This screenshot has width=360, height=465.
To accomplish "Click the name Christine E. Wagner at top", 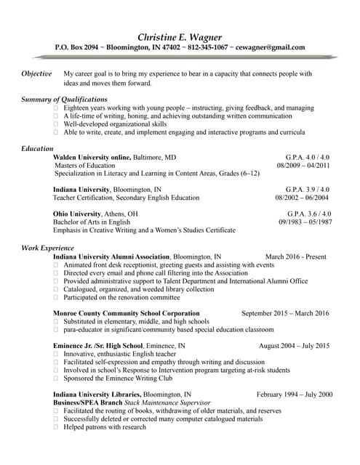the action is (180, 37).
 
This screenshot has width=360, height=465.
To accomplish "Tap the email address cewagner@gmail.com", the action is (271, 48).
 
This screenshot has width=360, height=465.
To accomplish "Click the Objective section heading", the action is (36, 74).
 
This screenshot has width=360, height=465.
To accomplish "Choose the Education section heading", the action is (37, 148).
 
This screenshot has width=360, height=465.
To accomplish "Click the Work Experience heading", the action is (48, 248).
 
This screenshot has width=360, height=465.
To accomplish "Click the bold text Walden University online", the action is (92, 157).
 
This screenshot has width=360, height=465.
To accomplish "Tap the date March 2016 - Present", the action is (296, 257).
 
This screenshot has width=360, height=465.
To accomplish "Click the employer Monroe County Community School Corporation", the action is (127, 313).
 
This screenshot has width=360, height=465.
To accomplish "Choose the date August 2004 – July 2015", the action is (293, 346).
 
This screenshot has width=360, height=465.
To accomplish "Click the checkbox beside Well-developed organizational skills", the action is (56, 124).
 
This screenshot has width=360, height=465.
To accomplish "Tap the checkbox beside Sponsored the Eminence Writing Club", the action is (56, 379).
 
